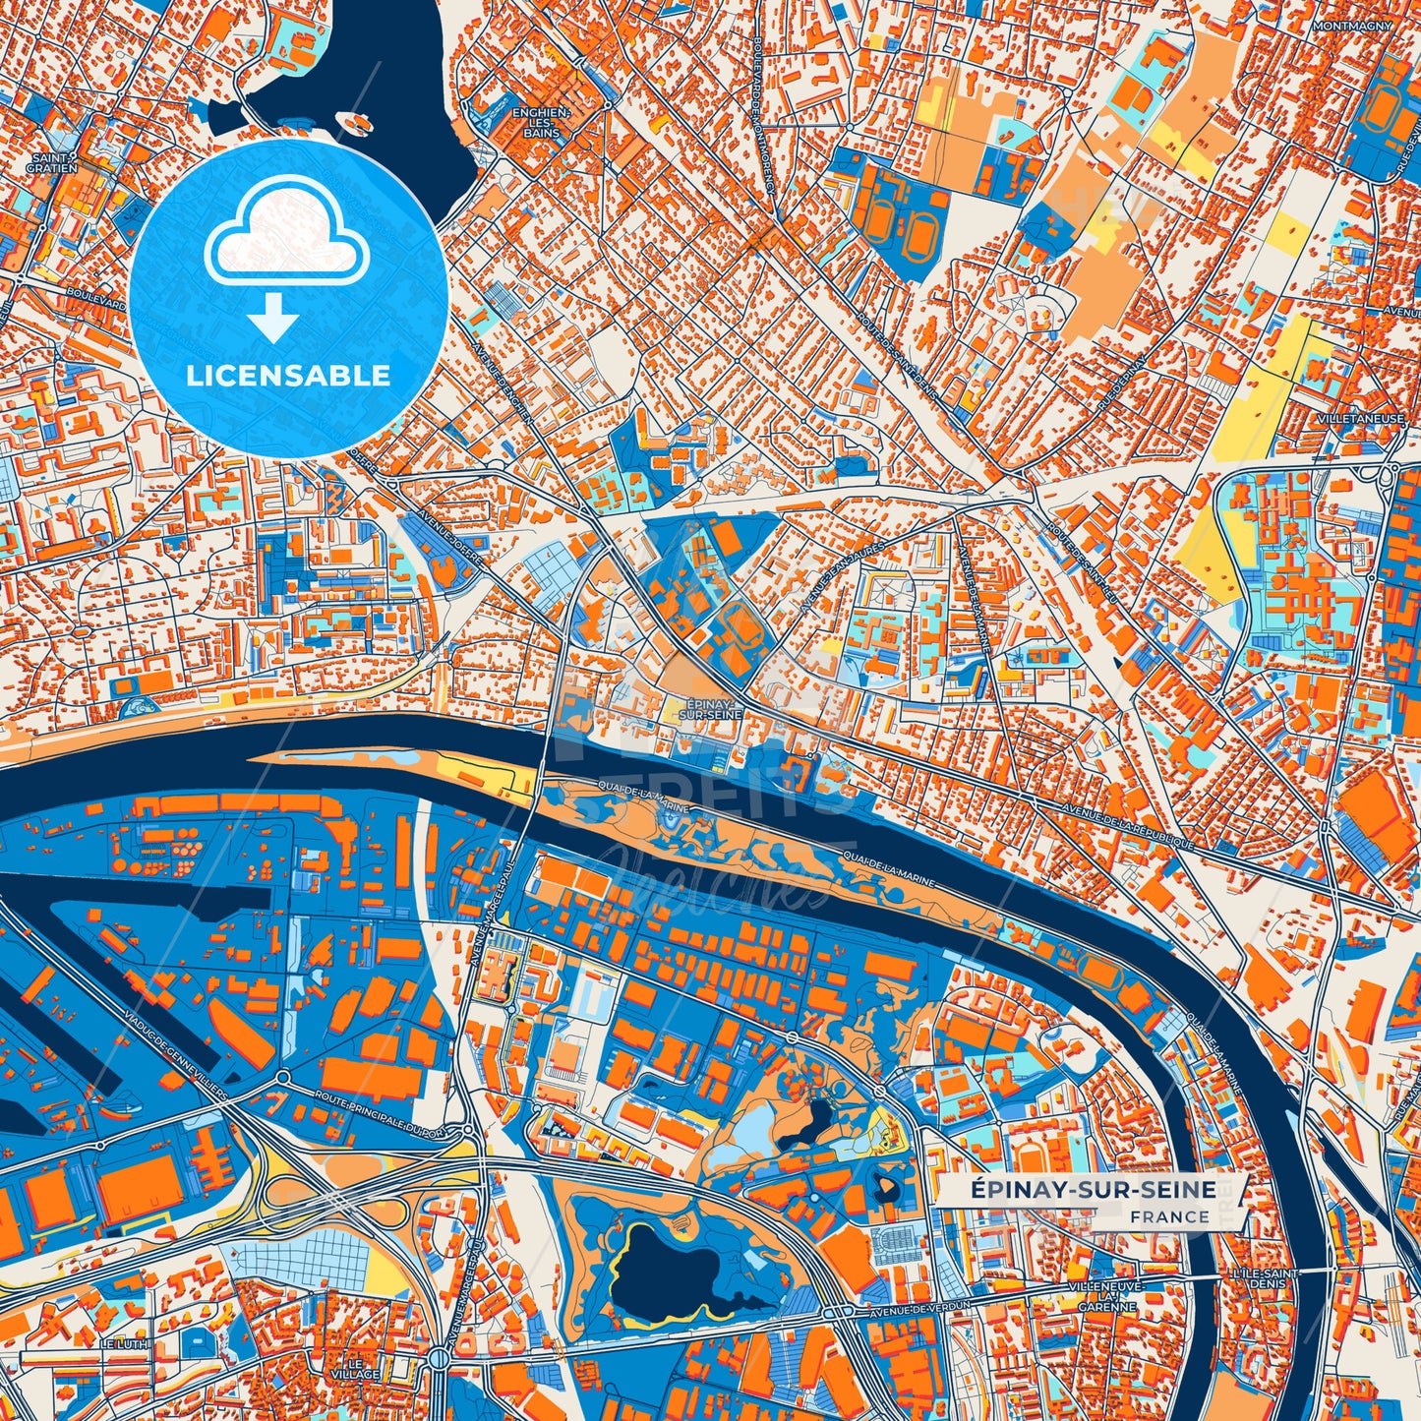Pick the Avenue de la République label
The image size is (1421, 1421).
tap(1127, 824)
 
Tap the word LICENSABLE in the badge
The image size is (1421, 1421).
tap(288, 375)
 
